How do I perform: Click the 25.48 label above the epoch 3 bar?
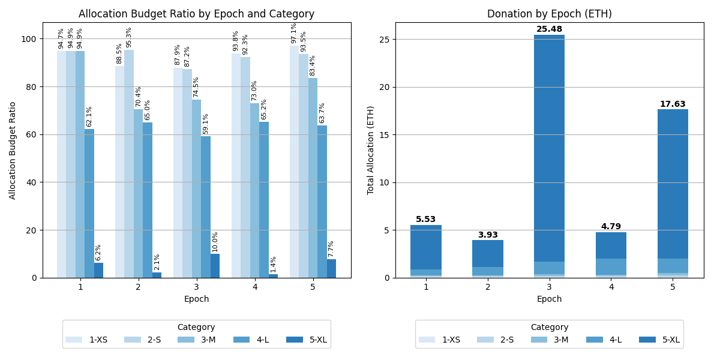[549, 29]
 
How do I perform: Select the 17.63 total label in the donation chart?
[673, 104]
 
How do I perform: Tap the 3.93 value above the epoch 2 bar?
[487, 235]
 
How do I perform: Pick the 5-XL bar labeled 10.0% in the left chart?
[215, 266]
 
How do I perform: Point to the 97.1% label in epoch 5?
[294, 33]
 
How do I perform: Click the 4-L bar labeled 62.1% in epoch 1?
[89, 204]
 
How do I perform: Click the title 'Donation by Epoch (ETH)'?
[549, 14]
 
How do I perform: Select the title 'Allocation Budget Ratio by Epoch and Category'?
[196, 14]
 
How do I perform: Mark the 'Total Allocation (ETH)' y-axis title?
[371, 150]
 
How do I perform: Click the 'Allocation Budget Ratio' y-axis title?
[13, 150]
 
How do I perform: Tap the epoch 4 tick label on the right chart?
[611, 287]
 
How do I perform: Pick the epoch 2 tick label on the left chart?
[138, 287]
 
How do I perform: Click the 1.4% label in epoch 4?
[274, 264]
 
